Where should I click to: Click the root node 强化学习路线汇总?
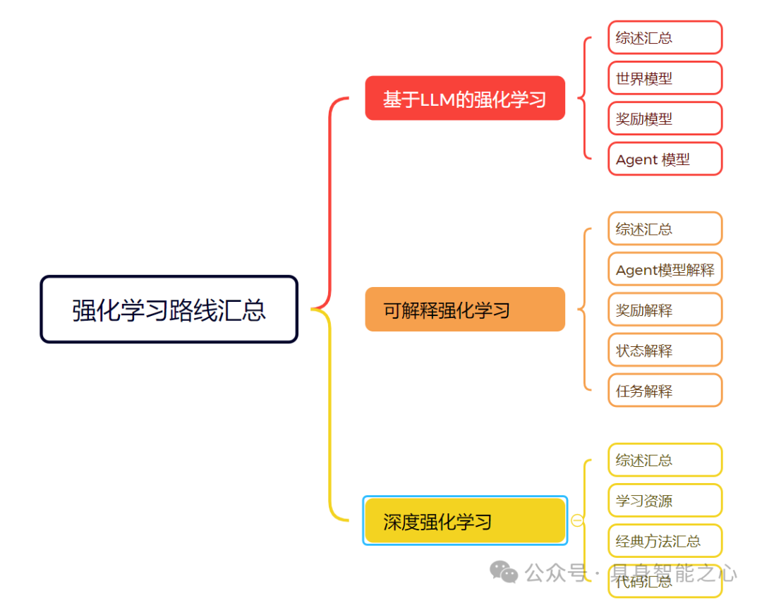pyautogui.click(x=169, y=310)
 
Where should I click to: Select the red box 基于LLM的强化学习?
pyautogui.click(x=465, y=99)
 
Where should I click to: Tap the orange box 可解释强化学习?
pyautogui.click(x=465, y=310)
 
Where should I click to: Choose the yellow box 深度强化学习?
pyautogui.click(x=465, y=521)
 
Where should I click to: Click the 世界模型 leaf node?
pyautogui.click(x=665, y=78)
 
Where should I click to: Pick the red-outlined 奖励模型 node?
pyautogui.click(x=665, y=118)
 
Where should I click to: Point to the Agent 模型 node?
pyautogui.click(x=665, y=159)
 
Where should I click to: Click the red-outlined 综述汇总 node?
pyautogui.click(x=665, y=38)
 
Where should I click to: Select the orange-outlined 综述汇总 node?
pyautogui.click(x=665, y=229)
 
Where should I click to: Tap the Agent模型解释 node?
pyautogui.click(x=665, y=269)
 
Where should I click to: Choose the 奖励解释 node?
pyautogui.click(x=665, y=310)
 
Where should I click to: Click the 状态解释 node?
pyautogui.click(x=665, y=351)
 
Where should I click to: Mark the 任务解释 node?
pyautogui.click(x=665, y=391)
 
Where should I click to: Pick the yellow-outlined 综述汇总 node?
pyautogui.click(x=665, y=461)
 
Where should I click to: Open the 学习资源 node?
pyautogui.click(x=665, y=501)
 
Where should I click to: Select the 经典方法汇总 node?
pyautogui.click(x=665, y=541)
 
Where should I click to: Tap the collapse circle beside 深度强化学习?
pyautogui.click(x=577, y=521)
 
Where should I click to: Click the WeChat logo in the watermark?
pyautogui.click(x=504, y=572)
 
